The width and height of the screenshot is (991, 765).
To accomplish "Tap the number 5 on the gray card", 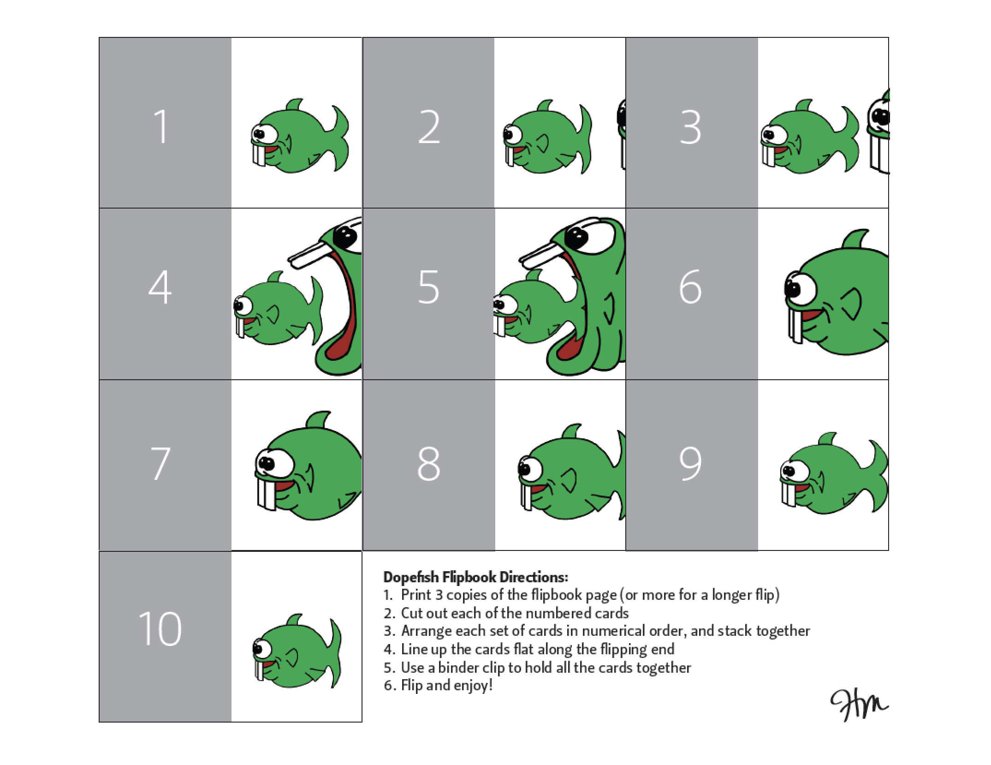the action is (428, 287).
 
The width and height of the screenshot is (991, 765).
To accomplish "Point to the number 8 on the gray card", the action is (428, 463).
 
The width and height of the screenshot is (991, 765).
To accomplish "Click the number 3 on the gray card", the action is (690, 127).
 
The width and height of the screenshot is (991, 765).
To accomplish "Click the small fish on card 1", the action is (300, 136).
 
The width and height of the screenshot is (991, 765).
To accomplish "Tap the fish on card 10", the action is (297, 651).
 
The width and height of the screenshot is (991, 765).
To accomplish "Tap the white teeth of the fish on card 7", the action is (267, 494).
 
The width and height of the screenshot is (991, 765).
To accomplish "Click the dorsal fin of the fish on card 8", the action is (571, 433).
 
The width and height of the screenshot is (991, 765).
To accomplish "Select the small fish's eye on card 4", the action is (243, 305).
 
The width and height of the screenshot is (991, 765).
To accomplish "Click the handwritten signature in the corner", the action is (859, 705).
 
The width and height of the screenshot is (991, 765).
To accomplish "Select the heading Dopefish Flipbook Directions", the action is (475, 577).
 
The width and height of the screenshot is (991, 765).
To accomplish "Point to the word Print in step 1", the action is (416, 595).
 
